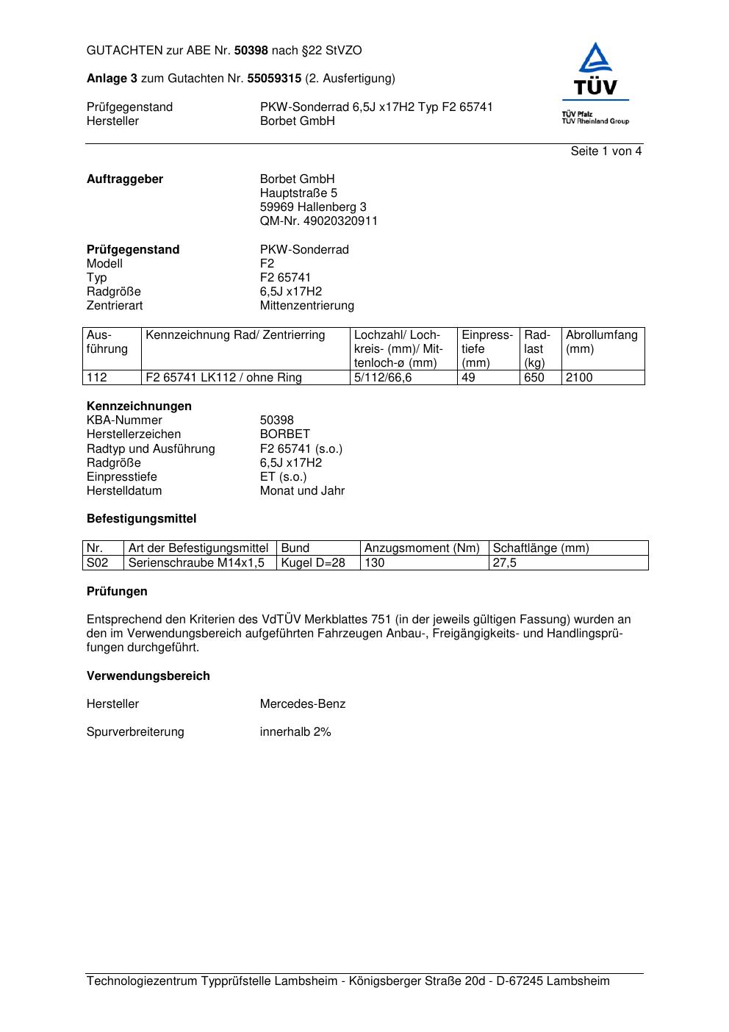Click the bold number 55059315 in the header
274,79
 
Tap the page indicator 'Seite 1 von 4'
606,151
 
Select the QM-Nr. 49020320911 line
318,221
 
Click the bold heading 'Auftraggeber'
125,179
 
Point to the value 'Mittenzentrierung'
306,306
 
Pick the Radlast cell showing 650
534,378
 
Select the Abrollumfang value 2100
579,378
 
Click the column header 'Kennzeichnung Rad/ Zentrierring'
235,336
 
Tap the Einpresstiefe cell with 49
468,378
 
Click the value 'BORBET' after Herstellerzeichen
284,434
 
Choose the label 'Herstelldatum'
124,491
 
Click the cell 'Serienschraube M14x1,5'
196,563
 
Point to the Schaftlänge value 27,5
505,563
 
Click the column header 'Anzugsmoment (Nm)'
422,548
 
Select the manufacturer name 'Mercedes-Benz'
302,704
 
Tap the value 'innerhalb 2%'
295,732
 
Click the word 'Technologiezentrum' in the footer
142,981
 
